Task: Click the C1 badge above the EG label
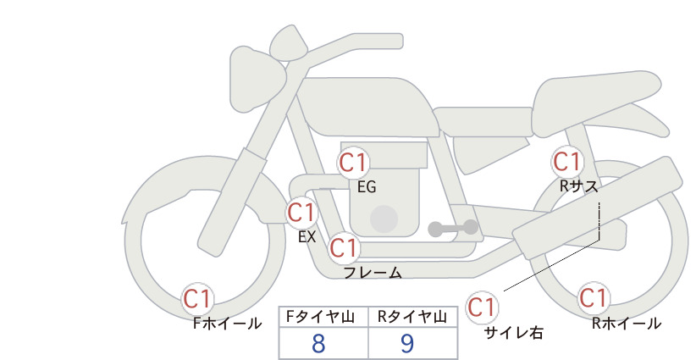(x=353, y=163)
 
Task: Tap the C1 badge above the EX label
(x=301, y=212)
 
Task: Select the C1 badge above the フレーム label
(x=344, y=247)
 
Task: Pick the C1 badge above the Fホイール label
(x=197, y=299)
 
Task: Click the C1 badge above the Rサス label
(x=566, y=162)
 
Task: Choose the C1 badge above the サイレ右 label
(x=482, y=307)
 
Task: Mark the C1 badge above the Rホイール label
(x=594, y=298)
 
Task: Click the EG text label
(x=367, y=187)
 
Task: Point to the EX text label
(x=307, y=237)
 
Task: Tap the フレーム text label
(x=373, y=273)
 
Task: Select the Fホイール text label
(x=227, y=324)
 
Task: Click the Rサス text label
(x=579, y=186)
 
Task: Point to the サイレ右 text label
(x=514, y=333)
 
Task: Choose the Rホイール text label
(x=627, y=324)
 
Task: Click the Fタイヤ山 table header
(x=320, y=317)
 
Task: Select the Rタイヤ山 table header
(x=412, y=317)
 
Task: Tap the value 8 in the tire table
(x=318, y=344)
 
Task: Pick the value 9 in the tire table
(x=407, y=344)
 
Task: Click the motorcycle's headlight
(x=257, y=80)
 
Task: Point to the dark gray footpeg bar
(x=453, y=228)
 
